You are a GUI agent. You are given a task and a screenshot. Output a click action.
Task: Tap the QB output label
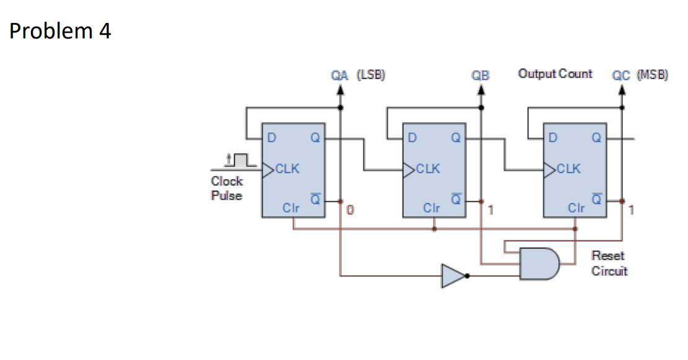(x=480, y=76)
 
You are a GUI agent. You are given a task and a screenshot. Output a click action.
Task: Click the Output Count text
(x=555, y=74)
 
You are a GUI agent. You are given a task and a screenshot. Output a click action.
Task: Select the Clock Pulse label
(x=227, y=188)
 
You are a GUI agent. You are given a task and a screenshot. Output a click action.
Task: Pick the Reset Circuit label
(x=609, y=263)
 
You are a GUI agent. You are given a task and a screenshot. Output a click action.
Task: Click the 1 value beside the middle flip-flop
(x=490, y=211)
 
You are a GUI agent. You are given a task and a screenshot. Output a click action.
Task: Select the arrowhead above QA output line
(x=340, y=89)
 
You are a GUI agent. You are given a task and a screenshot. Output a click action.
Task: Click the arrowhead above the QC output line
(x=622, y=89)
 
